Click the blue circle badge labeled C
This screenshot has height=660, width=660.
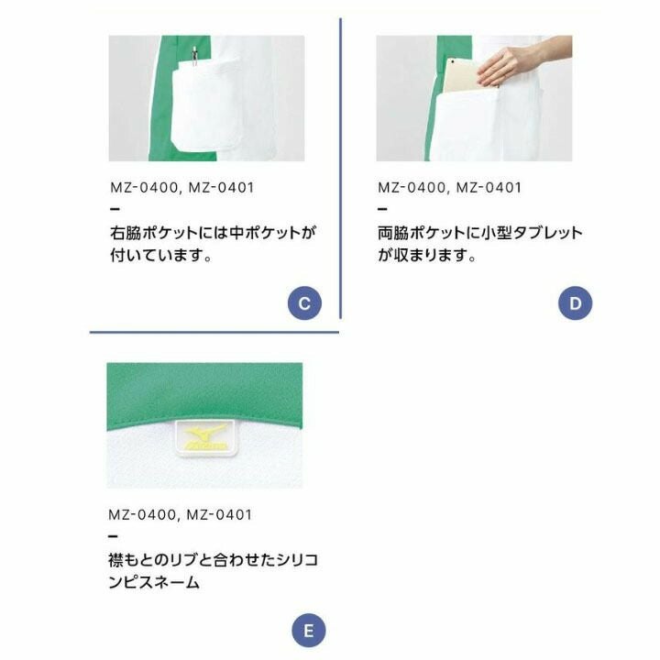coord(304,303)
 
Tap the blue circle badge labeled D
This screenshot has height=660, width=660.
coord(575,303)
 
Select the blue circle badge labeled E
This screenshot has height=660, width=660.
coord(309,631)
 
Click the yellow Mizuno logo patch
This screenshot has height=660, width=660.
coord(205,438)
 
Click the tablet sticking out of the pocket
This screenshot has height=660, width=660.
coord(463,76)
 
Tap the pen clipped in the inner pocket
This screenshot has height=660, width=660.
coord(194,56)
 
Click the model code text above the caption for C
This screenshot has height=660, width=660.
coord(182,187)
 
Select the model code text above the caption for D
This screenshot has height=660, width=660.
coord(449,187)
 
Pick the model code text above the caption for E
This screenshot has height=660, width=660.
coord(181,514)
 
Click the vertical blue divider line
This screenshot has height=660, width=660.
coord(340,169)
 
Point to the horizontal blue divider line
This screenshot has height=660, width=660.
coord(214,333)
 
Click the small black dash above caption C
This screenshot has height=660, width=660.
coord(115,209)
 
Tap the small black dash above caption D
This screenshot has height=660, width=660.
coord(382,209)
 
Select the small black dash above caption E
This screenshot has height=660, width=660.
coord(113,536)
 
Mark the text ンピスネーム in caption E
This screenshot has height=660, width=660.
coord(154,583)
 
